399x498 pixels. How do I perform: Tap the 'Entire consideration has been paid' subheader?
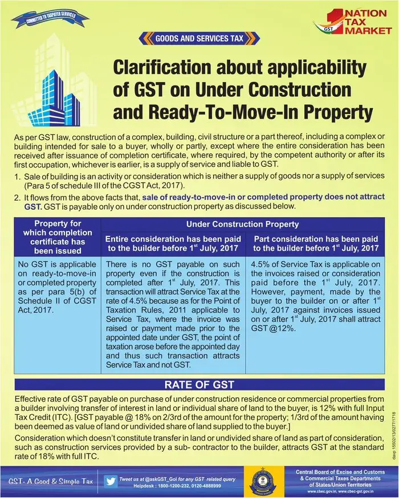point(173,244)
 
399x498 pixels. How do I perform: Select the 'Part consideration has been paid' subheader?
point(315,244)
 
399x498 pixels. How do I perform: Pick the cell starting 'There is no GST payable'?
point(173,313)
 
